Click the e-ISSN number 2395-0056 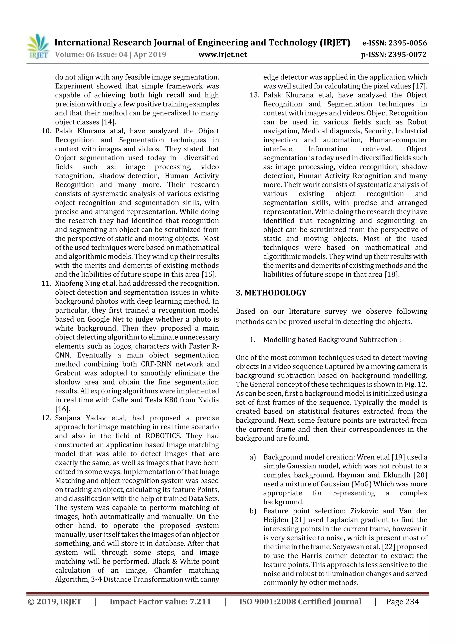pyautogui.click(x=408, y=43)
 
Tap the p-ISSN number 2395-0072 pyautogui.click(x=407, y=55)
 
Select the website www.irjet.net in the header pyautogui.click(x=223, y=55)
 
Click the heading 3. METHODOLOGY pyautogui.click(x=271, y=293)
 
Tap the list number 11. pyautogui.click(x=46, y=283)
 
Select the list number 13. pyautogui.click(x=255, y=95)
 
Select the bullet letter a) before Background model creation pyautogui.click(x=253, y=457)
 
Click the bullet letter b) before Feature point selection pyautogui.click(x=253, y=511)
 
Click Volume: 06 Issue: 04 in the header pyautogui.click(x=91, y=55)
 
